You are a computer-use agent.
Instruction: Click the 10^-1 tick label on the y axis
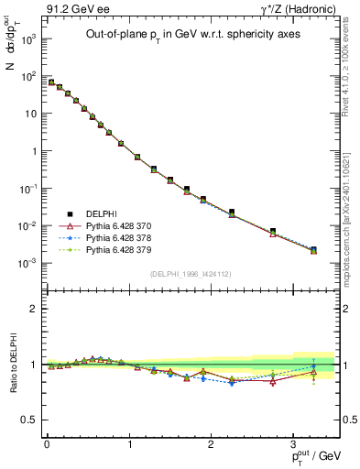tap(27, 189)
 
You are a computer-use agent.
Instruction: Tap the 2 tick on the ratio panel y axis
tap(32, 309)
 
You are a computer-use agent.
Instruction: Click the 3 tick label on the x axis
tap(292, 444)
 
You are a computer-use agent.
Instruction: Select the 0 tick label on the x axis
tap(46, 444)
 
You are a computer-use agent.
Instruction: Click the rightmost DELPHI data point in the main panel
tap(314, 249)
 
